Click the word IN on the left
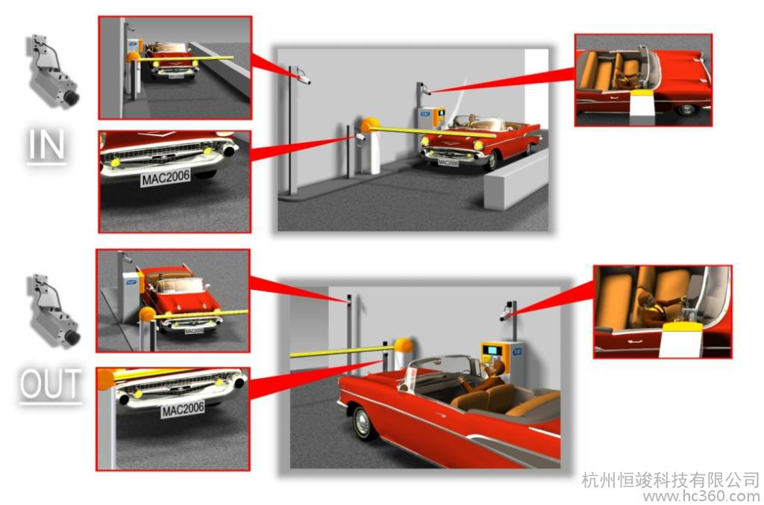point(48,146)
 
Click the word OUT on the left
point(50,384)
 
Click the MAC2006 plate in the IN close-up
point(166,176)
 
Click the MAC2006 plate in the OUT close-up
point(183,409)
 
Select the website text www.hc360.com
point(701,495)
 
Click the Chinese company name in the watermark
point(669,479)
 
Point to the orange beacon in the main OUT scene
point(404,345)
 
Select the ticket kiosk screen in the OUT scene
point(492,350)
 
